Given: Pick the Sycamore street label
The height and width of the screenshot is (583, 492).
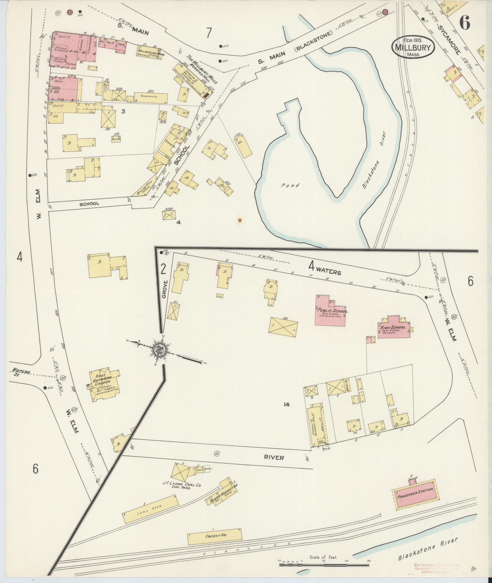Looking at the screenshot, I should tap(448, 40).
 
